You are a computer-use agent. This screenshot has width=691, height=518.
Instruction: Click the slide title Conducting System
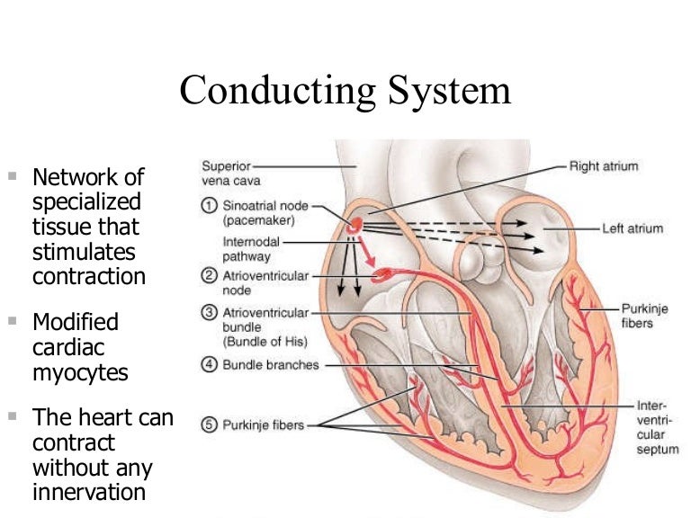coord(345,92)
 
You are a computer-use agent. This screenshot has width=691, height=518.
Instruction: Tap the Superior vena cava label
coord(226,173)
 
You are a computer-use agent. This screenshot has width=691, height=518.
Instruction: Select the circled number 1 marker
coord(207,205)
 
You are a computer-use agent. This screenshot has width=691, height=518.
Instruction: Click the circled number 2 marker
coord(207,275)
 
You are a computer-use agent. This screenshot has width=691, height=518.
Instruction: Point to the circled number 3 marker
coord(207,313)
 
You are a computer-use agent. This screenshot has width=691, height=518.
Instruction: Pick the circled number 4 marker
coord(207,365)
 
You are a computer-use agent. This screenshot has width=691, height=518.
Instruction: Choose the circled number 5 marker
coord(207,425)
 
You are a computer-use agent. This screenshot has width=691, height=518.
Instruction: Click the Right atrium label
coord(604,166)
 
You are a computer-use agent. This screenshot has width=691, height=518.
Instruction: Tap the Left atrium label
coord(633,228)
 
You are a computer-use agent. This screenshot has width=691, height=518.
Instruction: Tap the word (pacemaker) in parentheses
coord(257,219)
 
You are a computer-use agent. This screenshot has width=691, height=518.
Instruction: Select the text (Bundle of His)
coord(265,342)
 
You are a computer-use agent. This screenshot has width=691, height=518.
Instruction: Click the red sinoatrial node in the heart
coord(357,224)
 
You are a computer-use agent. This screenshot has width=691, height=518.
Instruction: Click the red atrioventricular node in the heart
coord(381,271)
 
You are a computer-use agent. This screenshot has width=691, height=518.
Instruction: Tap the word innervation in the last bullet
coord(89,492)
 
